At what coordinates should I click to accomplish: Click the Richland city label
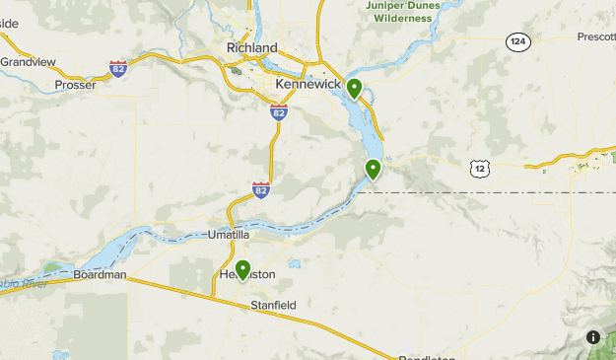point(250,47)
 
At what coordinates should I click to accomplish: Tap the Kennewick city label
point(308,85)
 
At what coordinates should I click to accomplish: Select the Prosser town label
point(75,85)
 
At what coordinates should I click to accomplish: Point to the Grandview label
point(28,61)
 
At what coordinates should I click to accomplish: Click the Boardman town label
point(101,275)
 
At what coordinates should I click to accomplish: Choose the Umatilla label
point(229,235)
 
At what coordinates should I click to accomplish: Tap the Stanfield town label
point(273,306)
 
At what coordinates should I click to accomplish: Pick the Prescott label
point(597,37)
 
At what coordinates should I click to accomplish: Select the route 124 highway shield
point(518,41)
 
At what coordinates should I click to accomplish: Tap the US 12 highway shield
point(480,169)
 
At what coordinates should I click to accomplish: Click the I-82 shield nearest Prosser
point(118,68)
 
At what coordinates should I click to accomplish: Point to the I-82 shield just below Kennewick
point(279,112)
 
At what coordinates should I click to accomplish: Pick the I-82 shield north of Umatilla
point(261,188)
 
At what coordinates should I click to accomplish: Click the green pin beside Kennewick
point(354,89)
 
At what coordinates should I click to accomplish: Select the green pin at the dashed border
point(374,169)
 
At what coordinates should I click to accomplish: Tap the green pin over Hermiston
point(242,269)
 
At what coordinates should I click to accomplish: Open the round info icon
point(593,336)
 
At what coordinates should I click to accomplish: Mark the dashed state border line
point(493,192)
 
